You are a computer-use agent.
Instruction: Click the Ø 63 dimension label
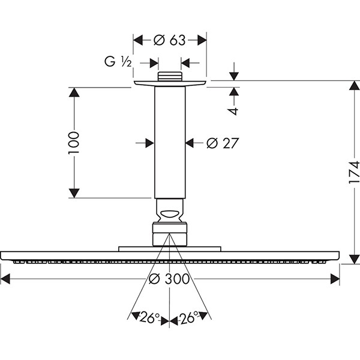coord(169,40)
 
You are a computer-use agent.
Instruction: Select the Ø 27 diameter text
coord(223,143)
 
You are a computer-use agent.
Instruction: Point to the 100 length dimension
coord(74,143)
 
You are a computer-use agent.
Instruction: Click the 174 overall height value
coord(355,172)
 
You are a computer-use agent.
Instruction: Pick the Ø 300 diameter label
coord(169,279)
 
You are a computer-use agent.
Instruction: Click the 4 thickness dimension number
coord(234,110)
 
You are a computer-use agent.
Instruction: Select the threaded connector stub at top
coord(170,77)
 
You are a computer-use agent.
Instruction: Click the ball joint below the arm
coord(170,211)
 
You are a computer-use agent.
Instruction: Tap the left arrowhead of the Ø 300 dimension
coord(6,279)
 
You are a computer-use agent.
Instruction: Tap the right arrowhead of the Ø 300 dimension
coord(335,279)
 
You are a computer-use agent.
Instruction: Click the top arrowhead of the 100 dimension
coord(74,93)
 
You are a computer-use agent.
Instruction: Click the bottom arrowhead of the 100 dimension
coord(74,192)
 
